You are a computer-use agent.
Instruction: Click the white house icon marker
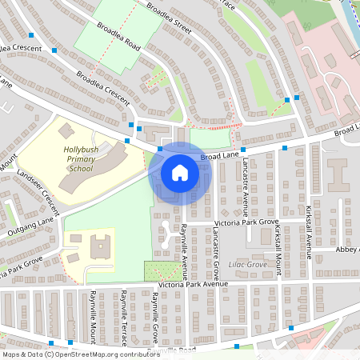[x=179, y=173]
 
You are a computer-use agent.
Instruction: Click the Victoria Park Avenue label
[x=193, y=284]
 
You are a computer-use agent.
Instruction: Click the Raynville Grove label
[x=154, y=316]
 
